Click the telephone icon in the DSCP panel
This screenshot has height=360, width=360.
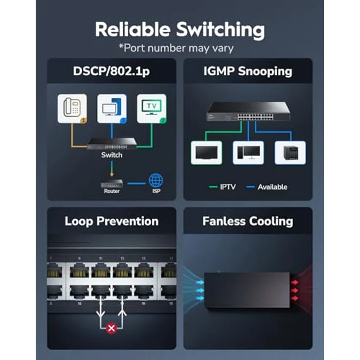(x=72, y=108)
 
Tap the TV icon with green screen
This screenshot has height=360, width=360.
(x=151, y=108)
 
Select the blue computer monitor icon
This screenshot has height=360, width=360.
(x=112, y=108)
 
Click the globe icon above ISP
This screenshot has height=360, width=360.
(x=156, y=180)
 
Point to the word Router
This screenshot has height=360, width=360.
(x=112, y=191)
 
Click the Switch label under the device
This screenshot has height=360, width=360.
(x=112, y=155)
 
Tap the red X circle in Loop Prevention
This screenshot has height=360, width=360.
(x=112, y=329)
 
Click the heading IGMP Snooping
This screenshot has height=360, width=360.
(x=247, y=71)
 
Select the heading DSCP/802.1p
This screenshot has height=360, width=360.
(x=112, y=71)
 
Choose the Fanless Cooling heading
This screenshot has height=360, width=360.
(x=247, y=221)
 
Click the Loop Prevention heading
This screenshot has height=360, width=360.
(x=112, y=221)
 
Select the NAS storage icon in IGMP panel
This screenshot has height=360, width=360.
(x=290, y=153)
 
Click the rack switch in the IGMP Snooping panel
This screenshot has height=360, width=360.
(x=247, y=112)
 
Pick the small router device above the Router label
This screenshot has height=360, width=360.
(x=112, y=183)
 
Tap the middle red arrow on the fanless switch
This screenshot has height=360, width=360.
(x=295, y=290)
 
